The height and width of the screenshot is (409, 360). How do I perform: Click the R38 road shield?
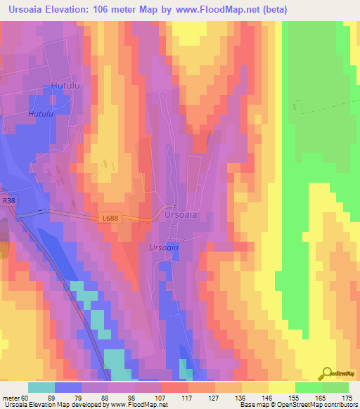click(x=8, y=200)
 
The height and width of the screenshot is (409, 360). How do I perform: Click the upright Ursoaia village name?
click(x=182, y=214)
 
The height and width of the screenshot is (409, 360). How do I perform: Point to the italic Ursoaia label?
click(x=164, y=248)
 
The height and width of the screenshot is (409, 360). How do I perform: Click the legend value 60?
click(x=26, y=397)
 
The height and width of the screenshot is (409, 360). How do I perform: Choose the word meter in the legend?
click(x=11, y=397)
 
